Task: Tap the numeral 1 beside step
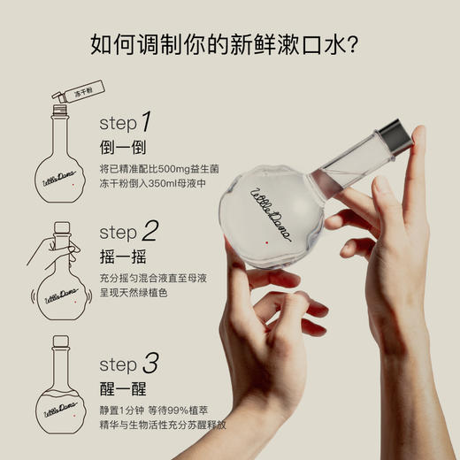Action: [x=147, y=121]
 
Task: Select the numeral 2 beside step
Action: [x=150, y=231]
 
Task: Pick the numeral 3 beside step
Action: [x=150, y=363]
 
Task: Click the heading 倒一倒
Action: [x=123, y=147]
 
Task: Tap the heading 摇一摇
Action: [x=123, y=257]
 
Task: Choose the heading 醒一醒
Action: [x=123, y=388]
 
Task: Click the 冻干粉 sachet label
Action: [x=84, y=93]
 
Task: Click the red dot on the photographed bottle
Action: [x=267, y=242]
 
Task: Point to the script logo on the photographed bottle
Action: [x=271, y=215]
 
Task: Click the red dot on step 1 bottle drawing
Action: [x=73, y=185]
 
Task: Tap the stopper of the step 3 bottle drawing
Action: [x=61, y=341]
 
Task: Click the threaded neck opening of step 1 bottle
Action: [x=60, y=110]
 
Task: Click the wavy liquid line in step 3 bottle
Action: [x=61, y=393]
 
